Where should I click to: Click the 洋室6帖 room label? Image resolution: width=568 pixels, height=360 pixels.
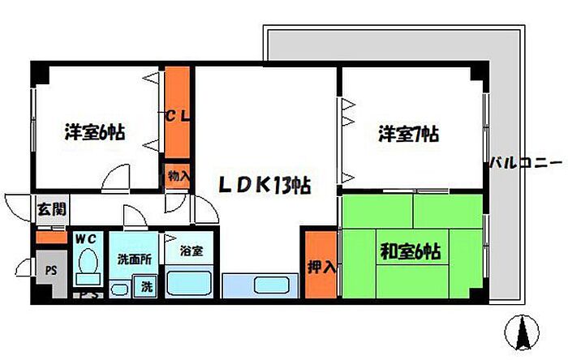[x=95, y=132]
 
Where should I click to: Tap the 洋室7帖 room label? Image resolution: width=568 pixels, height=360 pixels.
[x=407, y=134]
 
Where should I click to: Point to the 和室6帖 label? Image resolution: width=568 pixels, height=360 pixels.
[x=411, y=251]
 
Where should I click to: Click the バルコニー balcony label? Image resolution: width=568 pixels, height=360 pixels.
[x=525, y=165]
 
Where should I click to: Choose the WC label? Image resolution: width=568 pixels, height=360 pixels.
[x=86, y=238]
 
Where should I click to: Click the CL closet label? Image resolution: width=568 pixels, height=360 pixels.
[x=178, y=116]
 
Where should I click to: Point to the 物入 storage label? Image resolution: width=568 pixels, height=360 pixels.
[x=178, y=175]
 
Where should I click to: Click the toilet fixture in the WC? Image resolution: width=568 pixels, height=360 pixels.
[x=87, y=268]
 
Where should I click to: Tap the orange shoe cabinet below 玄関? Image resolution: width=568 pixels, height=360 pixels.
[x=49, y=237]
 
